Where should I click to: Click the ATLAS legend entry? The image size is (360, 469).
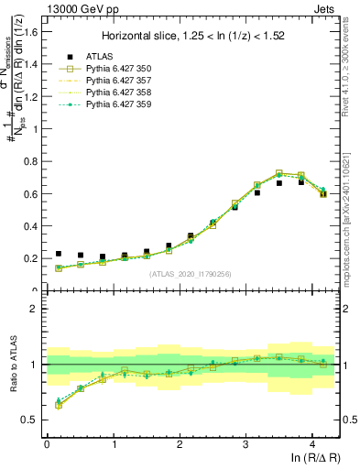pos(98,57)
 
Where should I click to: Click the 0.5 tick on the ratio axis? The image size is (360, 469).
pos(31,420)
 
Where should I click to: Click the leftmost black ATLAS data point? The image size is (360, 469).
pos(59,254)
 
